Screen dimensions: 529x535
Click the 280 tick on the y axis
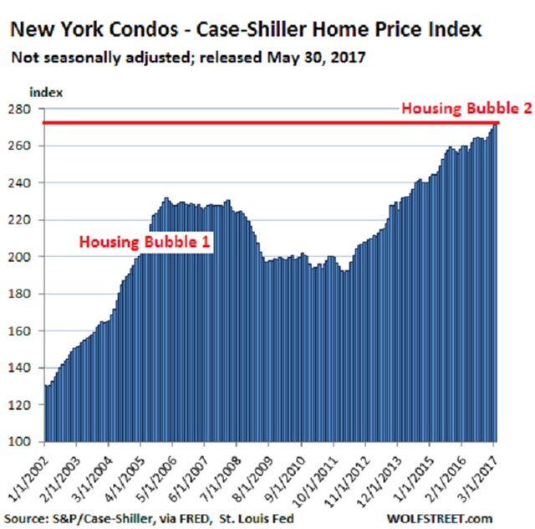click(x=19, y=109)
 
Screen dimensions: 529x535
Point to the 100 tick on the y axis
click(x=19, y=441)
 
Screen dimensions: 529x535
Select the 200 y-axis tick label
click(x=19, y=257)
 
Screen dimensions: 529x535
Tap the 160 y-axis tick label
click(x=19, y=331)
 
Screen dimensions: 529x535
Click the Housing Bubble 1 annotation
click(x=145, y=242)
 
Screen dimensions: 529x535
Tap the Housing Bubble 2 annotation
click(x=465, y=108)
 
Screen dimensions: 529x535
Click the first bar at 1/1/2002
click(x=46, y=414)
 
